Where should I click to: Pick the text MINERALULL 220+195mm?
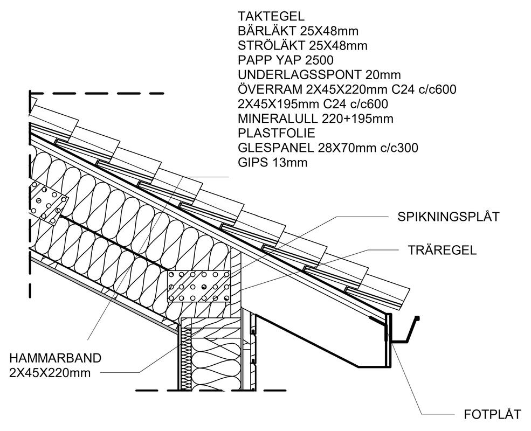coord(315,119)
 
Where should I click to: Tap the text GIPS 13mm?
coord(273,162)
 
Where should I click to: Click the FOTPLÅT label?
coord(492,414)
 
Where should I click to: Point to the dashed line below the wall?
coord(210,390)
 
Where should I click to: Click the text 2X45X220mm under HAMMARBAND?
coord(50,372)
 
